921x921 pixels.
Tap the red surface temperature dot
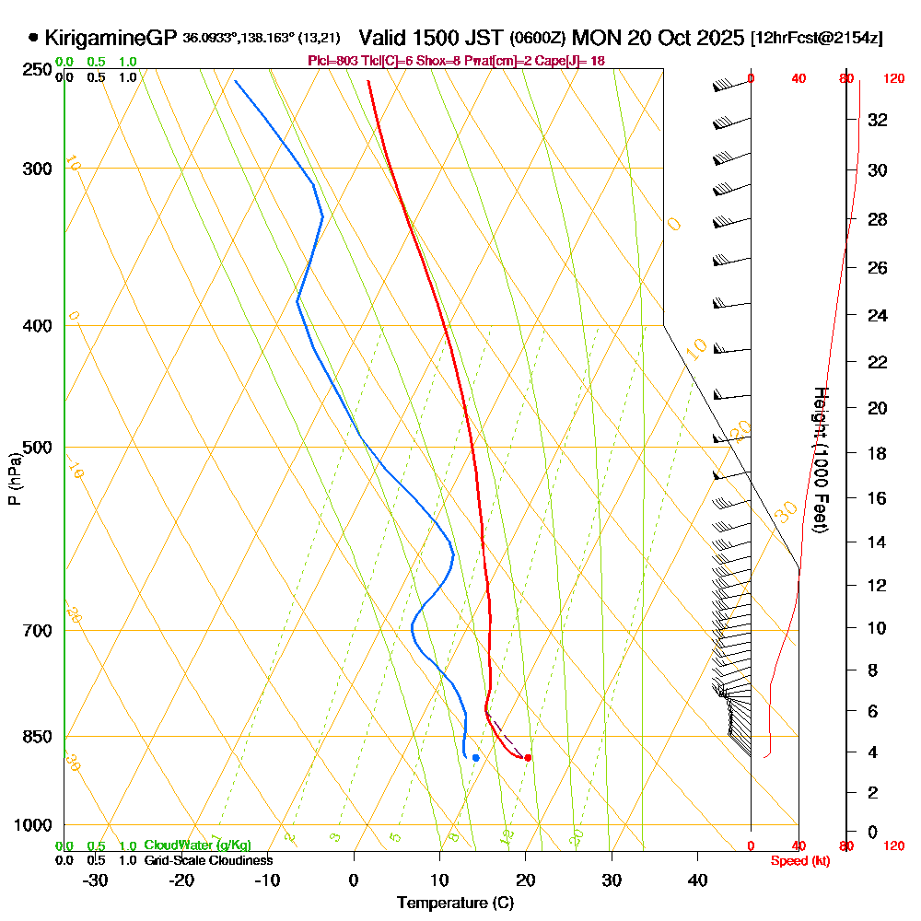pyautogui.click(x=528, y=758)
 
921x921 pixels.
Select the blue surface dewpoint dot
pyautogui.click(x=475, y=758)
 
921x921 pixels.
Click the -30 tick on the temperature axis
pyautogui.click(x=95, y=880)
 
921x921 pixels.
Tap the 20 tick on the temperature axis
pyautogui.click(x=525, y=880)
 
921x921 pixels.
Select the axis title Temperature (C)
pyautogui.click(x=455, y=904)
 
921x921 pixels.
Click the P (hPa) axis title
pyautogui.click(x=14, y=478)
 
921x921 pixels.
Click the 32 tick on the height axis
pyautogui.click(x=877, y=120)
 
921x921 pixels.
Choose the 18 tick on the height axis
pyautogui.click(x=877, y=453)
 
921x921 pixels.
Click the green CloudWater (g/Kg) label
pyautogui.click(x=197, y=845)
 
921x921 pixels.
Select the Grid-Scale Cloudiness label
pyautogui.click(x=207, y=860)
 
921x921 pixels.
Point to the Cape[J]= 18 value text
pyautogui.click(x=573, y=61)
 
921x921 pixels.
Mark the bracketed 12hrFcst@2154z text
pyautogui.click(x=817, y=38)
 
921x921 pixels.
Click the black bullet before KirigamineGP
pyautogui.click(x=34, y=38)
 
